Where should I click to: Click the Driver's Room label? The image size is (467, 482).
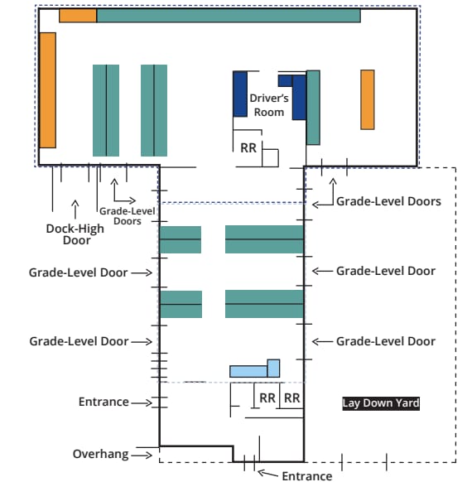(269, 105)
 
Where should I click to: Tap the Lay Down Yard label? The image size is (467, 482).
(381, 403)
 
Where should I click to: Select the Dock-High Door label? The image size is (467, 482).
(75, 234)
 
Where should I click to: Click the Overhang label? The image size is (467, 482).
(100, 454)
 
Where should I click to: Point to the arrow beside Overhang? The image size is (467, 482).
(142, 455)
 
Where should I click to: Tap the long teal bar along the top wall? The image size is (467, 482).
(229, 16)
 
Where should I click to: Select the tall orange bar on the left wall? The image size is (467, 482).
(48, 90)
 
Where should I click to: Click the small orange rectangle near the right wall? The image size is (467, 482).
(368, 99)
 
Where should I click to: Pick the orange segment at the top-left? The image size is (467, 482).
(78, 16)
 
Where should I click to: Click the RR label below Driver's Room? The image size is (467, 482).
(248, 148)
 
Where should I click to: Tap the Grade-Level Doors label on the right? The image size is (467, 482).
(388, 201)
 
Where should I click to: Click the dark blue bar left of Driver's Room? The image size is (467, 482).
(240, 94)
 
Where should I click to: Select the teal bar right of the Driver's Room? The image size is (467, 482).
(313, 108)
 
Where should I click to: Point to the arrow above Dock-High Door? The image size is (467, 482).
(75, 210)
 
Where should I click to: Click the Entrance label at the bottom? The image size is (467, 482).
(307, 476)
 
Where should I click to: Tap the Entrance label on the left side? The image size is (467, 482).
(104, 402)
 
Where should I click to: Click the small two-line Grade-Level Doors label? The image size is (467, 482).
(128, 216)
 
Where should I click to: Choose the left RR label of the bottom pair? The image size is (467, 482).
(267, 398)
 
